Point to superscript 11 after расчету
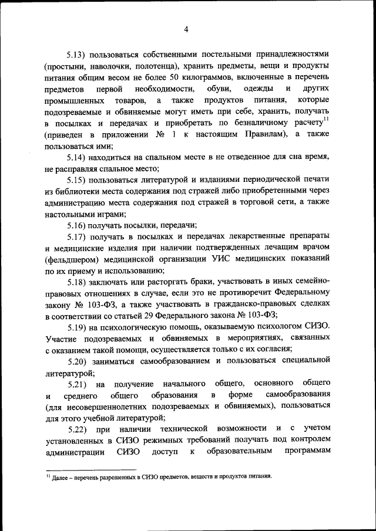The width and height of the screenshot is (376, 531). (327, 120)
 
